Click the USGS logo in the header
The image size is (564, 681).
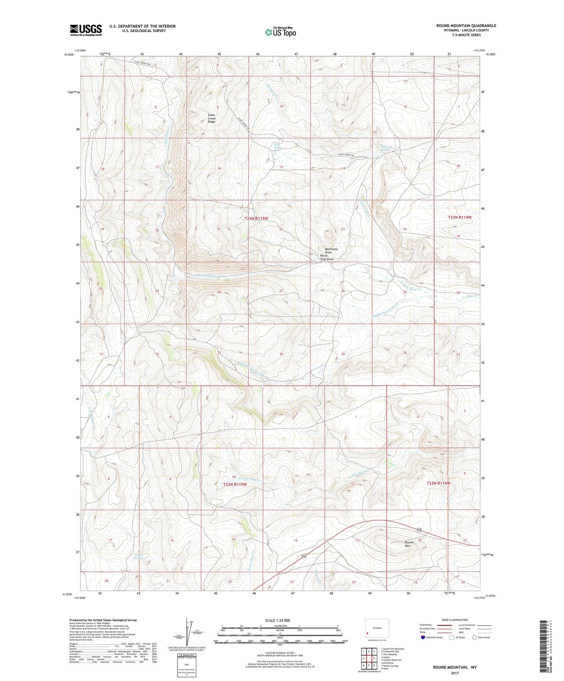(x=86, y=30)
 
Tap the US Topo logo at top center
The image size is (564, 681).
(x=280, y=32)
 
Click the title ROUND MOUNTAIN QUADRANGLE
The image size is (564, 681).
(x=466, y=26)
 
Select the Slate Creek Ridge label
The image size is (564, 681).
(x=211, y=119)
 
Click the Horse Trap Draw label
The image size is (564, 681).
(x=327, y=257)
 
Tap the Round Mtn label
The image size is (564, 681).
(x=409, y=544)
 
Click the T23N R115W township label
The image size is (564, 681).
(x=256, y=219)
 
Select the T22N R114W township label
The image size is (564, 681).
(x=438, y=483)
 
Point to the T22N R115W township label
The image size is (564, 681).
(x=235, y=484)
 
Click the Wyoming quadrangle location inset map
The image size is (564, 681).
(x=377, y=628)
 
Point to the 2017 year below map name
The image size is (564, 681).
(x=455, y=673)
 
